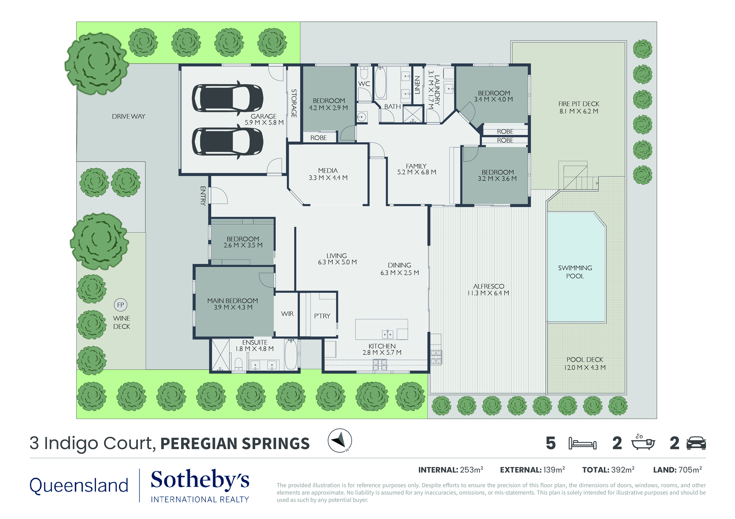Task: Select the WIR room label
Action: click(287, 314)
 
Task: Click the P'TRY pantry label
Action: click(322, 316)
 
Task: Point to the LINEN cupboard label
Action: click(417, 85)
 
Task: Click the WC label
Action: click(364, 84)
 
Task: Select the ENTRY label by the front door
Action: click(203, 195)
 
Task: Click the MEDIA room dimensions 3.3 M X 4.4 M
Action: click(328, 178)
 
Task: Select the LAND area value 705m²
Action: click(690, 470)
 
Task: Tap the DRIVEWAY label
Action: click(128, 116)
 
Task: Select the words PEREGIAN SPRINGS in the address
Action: click(235, 443)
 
